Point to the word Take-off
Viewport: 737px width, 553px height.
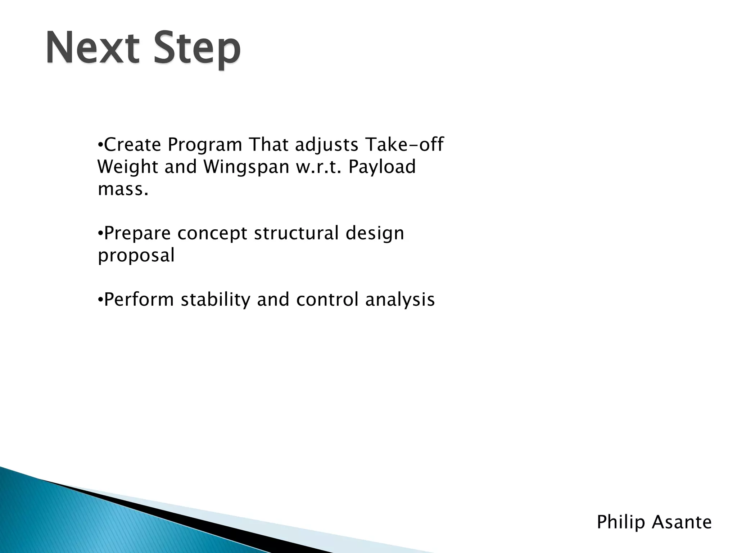click(404, 145)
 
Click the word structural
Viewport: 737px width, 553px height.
click(296, 233)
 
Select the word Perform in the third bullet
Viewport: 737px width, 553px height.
click(139, 300)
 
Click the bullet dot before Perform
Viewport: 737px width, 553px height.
click(100, 300)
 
